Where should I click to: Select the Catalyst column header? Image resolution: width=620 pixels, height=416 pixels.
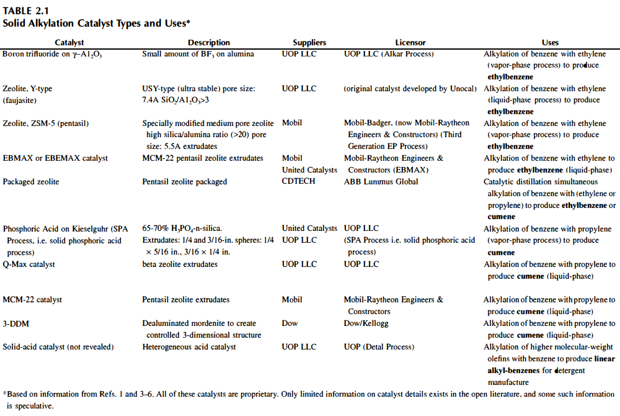(x=69, y=43)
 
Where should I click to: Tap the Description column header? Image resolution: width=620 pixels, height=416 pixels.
(x=209, y=43)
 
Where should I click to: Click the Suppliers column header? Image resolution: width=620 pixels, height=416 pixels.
(x=309, y=43)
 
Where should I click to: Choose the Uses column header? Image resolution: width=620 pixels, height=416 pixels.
(x=550, y=43)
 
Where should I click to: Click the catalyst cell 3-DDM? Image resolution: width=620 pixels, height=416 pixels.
(x=15, y=323)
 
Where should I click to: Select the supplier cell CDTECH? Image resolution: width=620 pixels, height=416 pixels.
(x=299, y=182)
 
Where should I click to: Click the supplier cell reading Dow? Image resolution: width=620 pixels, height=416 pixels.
(x=290, y=323)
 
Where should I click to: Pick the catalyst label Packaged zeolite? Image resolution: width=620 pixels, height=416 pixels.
(x=32, y=182)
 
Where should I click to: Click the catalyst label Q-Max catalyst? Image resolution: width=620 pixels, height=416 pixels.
(x=29, y=265)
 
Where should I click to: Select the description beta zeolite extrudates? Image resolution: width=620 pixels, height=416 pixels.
(x=180, y=265)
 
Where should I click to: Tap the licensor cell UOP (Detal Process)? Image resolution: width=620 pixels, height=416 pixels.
(x=379, y=347)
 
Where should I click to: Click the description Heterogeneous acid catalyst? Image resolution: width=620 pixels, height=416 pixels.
(x=189, y=347)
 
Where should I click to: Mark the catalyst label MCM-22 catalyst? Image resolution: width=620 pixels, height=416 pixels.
(x=32, y=300)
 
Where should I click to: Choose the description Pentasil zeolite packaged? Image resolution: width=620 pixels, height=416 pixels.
(x=185, y=182)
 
